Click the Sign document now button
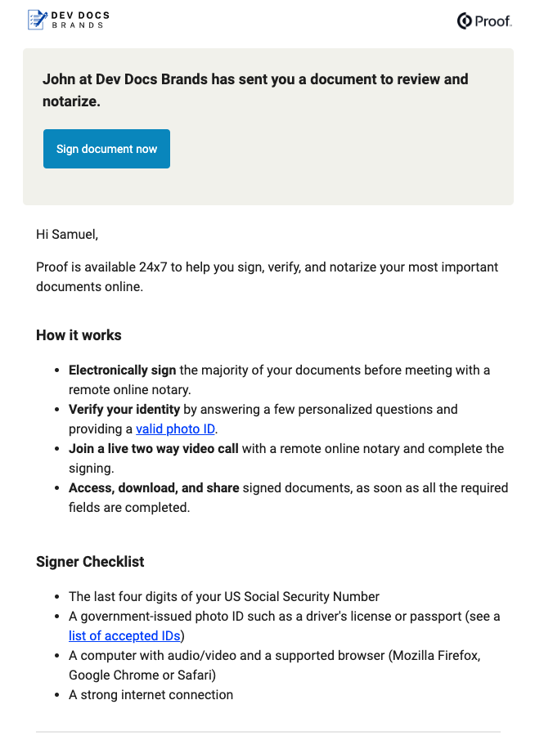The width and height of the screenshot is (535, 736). (x=106, y=149)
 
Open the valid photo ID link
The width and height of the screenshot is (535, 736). (x=176, y=429)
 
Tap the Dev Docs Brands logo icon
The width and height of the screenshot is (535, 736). (x=37, y=20)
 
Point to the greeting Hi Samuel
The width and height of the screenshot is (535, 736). (x=67, y=235)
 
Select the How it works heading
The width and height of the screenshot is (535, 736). (x=79, y=335)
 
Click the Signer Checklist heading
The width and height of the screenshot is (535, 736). (x=90, y=562)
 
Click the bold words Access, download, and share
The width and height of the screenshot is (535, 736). (x=154, y=487)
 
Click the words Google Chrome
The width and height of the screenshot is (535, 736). (x=114, y=675)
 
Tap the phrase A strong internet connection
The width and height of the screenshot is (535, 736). (x=151, y=694)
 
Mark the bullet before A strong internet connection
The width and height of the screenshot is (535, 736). (x=56, y=695)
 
